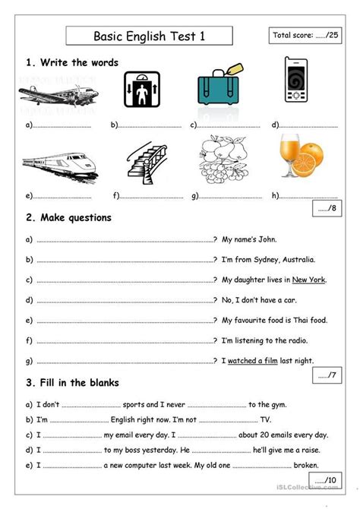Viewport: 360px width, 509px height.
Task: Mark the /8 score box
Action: [329, 210]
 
